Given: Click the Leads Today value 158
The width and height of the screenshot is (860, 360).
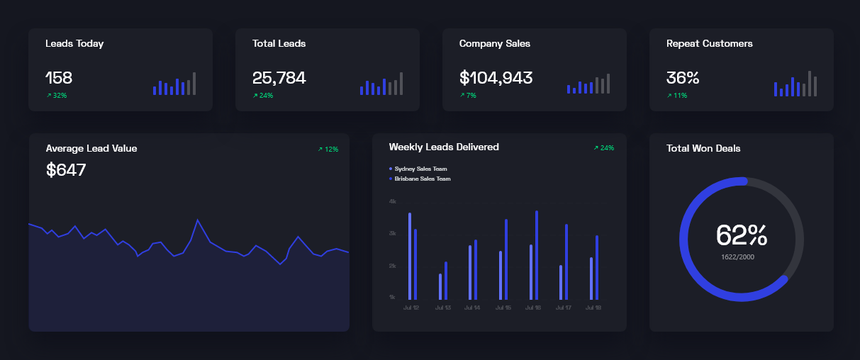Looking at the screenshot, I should tap(59, 78).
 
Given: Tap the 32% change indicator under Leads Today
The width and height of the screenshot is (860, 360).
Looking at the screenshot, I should tap(57, 96).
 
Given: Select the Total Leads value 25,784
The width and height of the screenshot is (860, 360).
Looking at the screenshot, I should tap(279, 78).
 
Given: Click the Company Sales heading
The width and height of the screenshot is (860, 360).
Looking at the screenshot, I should tap(494, 44).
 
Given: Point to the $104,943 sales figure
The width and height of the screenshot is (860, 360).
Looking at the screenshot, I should tap(496, 78).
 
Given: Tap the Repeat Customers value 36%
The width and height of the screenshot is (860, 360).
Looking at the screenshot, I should tap(682, 78).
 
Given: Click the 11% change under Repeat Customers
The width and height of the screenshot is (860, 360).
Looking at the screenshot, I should tap(677, 96).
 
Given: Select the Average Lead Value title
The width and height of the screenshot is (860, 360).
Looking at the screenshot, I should tap(91, 149).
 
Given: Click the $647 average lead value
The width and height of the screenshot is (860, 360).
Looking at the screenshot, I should tap(66, 170).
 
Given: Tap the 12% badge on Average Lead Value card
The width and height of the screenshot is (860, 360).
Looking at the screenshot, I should tap(328, 150).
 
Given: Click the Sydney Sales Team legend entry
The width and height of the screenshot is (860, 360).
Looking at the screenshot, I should tap(420, 169).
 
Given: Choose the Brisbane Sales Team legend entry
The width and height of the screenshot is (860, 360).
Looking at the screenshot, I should tap(421, 179).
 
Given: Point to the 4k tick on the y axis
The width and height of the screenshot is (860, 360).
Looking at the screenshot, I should tap(392, 202).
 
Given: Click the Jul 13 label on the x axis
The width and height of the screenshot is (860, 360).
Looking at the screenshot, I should tap(442, 308).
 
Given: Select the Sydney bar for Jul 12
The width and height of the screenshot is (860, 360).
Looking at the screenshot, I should tap(410, 256).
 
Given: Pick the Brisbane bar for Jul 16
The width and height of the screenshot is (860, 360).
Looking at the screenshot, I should tap(537, 255).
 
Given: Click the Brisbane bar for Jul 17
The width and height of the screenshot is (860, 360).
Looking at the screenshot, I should tap(566, 261).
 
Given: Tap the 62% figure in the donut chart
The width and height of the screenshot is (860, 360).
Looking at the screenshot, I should tap(741, 235).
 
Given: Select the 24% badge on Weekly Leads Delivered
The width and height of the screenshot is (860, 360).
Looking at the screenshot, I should tap(604, 148).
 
